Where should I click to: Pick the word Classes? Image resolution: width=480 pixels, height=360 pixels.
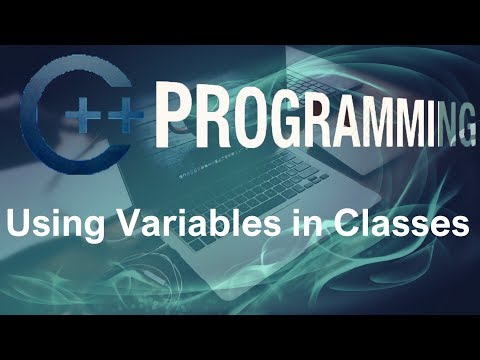(x=394, y=223)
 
